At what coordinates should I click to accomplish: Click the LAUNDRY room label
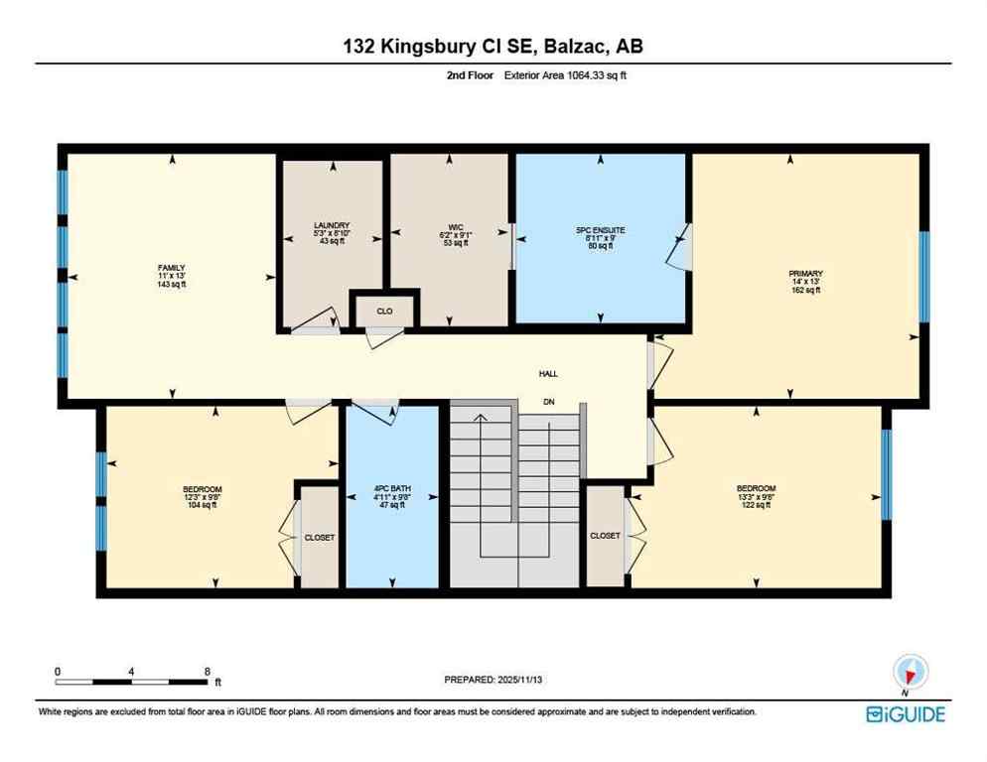[332, 226]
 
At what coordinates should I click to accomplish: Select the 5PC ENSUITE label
[600, 230]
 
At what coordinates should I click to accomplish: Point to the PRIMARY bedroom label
[806, 274]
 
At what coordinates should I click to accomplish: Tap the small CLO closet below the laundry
[384, 311]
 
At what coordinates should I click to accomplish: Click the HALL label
[548, 374]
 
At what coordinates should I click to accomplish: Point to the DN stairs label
[548, 402]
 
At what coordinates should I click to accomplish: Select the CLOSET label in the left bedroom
[320, 537]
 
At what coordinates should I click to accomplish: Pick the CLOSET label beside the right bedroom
[605, 536]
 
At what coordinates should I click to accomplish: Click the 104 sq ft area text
[202, 505]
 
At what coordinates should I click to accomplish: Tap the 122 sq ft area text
[756, 505]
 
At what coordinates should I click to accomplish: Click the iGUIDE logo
[905, 714]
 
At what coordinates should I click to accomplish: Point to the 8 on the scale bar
[206, 672]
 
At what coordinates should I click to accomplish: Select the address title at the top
[493, 46]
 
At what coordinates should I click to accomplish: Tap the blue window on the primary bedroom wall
[923, 277]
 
